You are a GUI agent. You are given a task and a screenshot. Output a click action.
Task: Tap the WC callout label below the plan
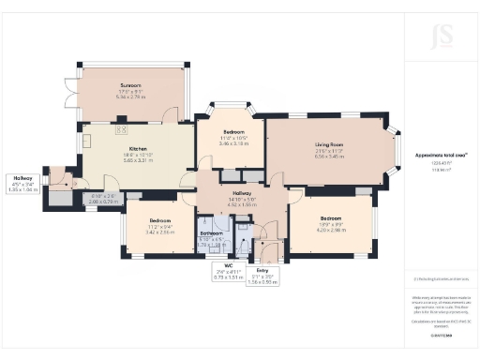[225, 271]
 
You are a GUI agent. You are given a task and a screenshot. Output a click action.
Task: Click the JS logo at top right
[440, 37]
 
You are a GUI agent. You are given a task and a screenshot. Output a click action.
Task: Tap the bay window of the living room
[393, 150]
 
